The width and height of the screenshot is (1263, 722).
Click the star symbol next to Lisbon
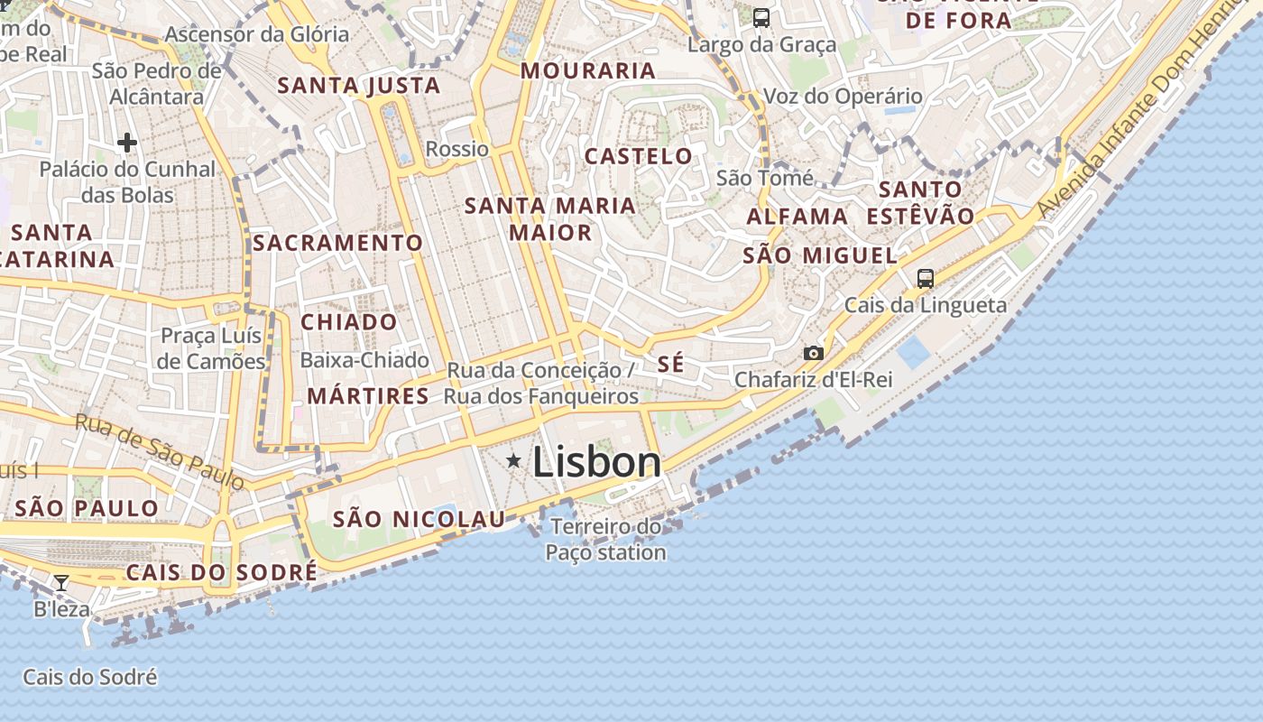coord(513,461)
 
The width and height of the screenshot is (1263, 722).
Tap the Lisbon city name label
coord(596,462)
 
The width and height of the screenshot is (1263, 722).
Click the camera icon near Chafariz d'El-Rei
coord(813,353)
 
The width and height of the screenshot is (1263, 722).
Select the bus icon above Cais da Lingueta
coord(925,278)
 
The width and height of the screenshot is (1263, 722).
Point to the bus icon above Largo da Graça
coord(761,17)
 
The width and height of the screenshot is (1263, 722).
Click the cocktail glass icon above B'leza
coord(61,583)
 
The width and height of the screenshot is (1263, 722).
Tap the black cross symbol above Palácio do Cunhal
coord(127,143)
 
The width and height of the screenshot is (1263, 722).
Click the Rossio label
coord(456,149)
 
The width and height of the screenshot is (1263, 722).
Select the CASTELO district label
coord(639,156)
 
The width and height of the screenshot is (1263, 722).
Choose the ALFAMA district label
coord(797,217)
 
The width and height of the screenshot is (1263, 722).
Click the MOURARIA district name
coord(587,70)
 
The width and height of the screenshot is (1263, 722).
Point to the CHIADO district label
coord(348,322)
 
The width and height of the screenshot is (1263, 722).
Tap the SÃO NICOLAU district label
coord(419,519)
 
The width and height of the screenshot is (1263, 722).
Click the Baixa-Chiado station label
coord(364,360)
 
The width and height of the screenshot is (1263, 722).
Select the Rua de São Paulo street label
coord(159,451)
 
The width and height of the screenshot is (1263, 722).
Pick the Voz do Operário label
coord(843,97)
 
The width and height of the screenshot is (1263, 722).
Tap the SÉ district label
coord(670,365)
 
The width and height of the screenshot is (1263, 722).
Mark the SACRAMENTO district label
coord(337,243)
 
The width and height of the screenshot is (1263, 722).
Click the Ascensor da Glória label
coord(257,34)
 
